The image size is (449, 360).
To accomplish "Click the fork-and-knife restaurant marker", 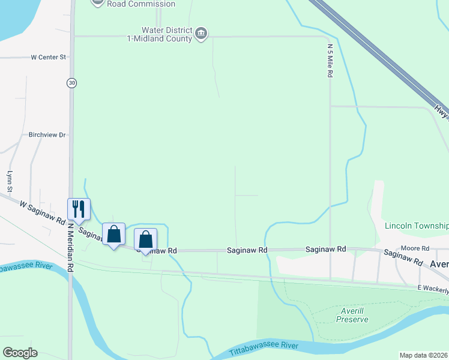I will click(79, 209).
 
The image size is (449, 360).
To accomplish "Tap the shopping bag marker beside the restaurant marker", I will click(113, 235).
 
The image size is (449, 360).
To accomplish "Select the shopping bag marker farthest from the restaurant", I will click(145, 240).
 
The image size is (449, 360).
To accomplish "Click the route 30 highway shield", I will click(72, 83).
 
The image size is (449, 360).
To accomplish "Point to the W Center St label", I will click(48, 58).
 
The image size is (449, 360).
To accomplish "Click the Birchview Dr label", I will click(47, 135).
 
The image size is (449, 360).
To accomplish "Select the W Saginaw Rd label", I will click(42, 212).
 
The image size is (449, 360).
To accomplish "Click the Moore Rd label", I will click(415, 248).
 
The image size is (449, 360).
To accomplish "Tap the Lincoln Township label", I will click(417, 226).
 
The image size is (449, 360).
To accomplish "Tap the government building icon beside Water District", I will click(202, 34).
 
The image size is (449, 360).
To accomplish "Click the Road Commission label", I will click(141, 4).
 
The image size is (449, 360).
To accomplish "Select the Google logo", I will click(20, 353).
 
